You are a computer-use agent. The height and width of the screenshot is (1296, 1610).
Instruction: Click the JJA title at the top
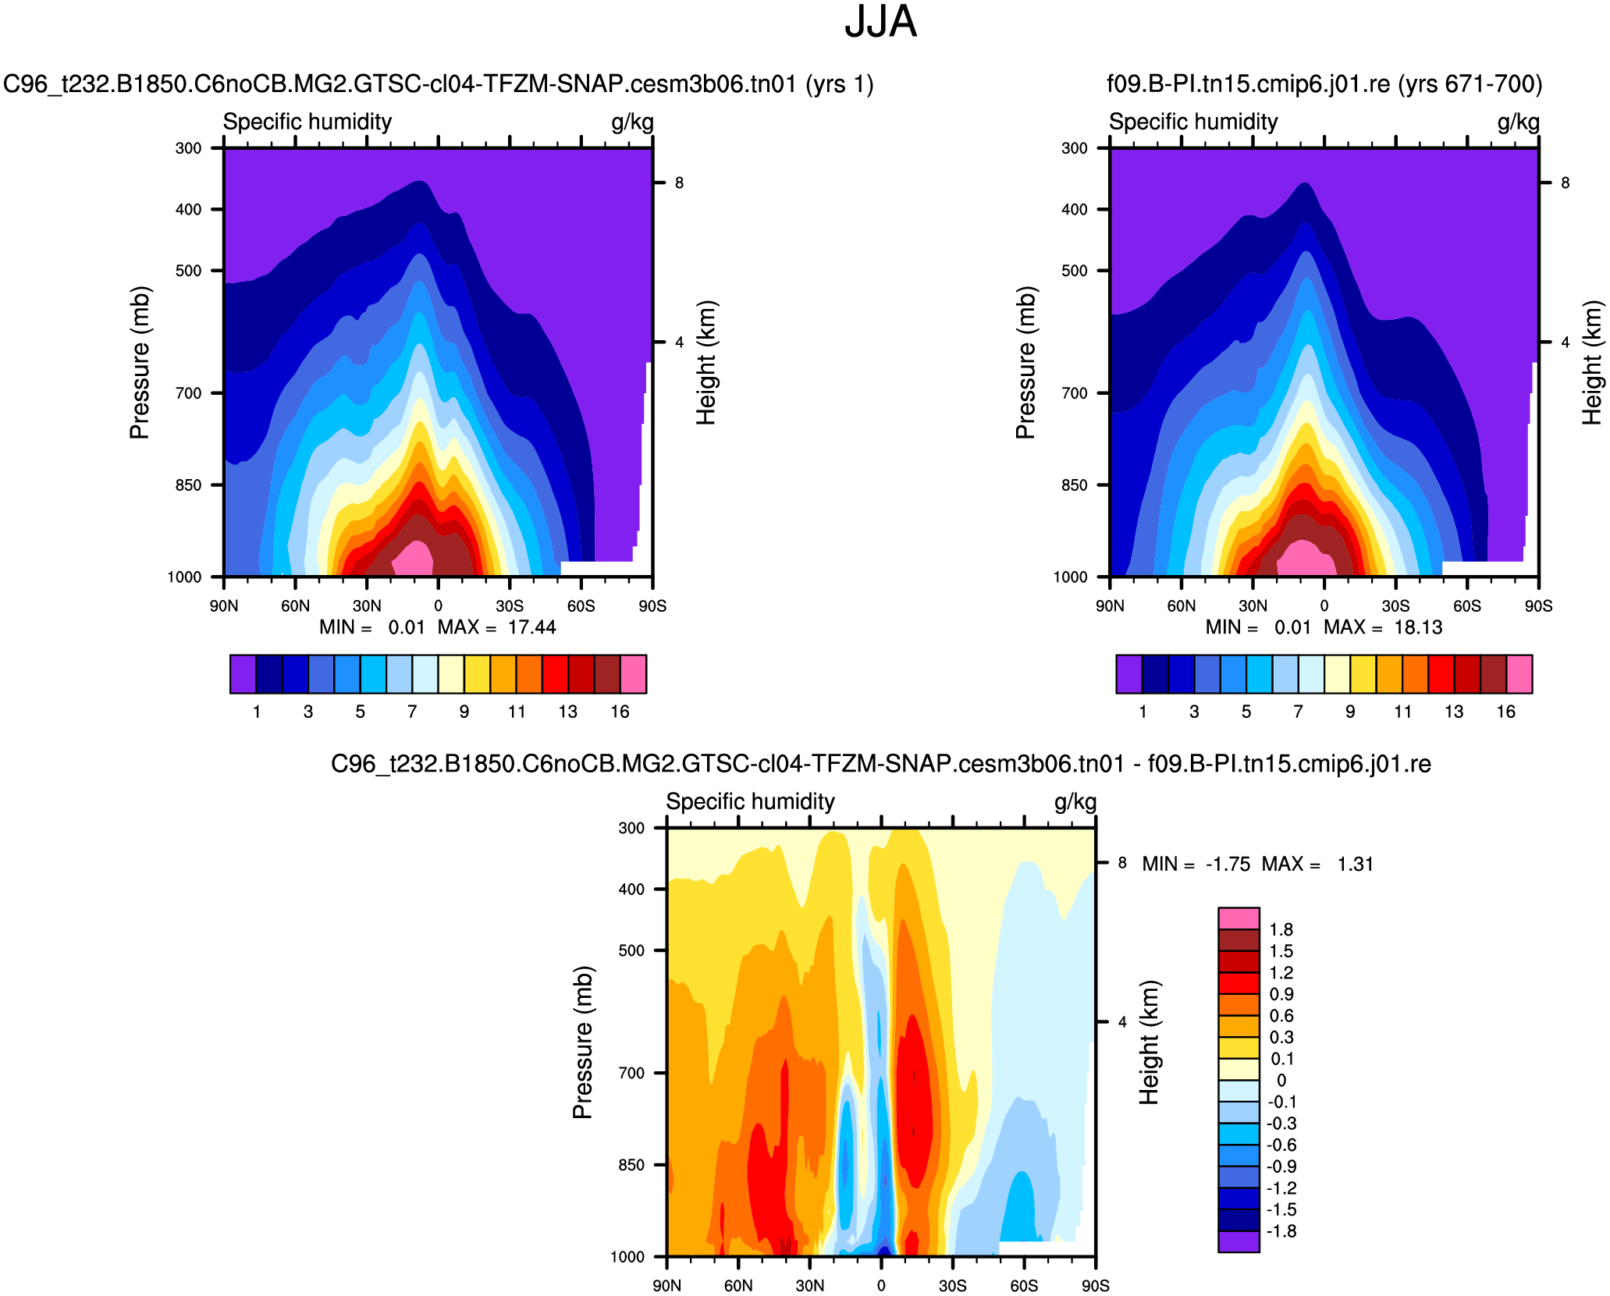click(x=880, y=22)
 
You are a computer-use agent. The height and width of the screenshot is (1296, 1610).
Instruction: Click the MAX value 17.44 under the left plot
click(x=531, y=627)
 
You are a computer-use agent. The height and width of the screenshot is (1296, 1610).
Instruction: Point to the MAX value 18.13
click(x=1418, y=627)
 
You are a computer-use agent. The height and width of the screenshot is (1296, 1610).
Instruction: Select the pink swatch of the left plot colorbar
click(x=634, y=674)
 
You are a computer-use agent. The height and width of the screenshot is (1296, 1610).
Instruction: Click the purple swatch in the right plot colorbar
click(x=1128, y=674)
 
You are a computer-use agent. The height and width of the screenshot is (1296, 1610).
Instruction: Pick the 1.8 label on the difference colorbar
click(x=1281, y=929)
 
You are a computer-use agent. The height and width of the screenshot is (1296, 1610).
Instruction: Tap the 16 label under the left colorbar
click(x=620, y=712)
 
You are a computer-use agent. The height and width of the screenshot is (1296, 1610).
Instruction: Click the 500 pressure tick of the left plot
click(x=188, y=271)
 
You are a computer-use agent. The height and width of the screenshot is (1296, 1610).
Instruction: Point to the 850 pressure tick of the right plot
click(x=1074, y=485)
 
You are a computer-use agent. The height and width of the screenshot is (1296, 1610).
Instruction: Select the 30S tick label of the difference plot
click(x=952, y=1285)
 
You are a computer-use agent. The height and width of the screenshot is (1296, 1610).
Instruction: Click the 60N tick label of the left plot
click(x=295, y=606)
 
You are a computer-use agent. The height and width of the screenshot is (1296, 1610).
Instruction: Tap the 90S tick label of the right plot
click(x=1538, y=606)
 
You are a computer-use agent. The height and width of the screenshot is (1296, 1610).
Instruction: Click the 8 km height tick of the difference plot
click(x=1122, y=863)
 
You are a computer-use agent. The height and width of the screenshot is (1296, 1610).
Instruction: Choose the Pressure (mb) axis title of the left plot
click(x=140, y=363)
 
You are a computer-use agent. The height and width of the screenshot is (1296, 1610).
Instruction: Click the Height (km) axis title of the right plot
click(x=1592, y=363)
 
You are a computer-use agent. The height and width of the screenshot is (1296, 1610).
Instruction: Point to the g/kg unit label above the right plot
click(x=1518, y=122)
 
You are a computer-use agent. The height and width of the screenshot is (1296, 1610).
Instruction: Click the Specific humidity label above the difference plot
click(x=750, y=802)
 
